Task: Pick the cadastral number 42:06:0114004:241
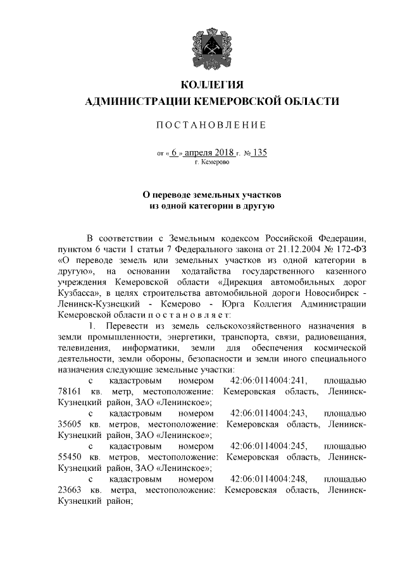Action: (x=269, y=381)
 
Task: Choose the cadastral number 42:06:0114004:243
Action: (x=269, y=413)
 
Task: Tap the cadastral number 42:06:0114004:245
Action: (x=269, y=446)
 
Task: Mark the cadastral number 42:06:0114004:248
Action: (x=269, y=478)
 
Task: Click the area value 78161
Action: (x=70, y=392)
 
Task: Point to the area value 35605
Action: (x=70, y=424)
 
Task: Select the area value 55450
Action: (x=70, y=457)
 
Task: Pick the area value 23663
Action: (x=70, y=490)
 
